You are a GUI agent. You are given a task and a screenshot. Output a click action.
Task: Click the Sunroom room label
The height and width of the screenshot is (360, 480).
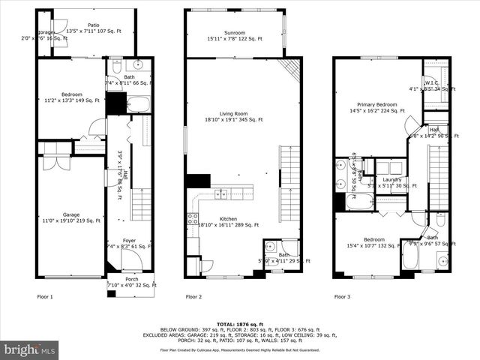coord(235,32)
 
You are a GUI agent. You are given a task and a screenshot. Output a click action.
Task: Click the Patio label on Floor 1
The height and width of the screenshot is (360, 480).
coord(93,25)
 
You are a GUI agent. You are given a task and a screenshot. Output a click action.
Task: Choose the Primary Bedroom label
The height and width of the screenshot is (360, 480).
coord(376,105)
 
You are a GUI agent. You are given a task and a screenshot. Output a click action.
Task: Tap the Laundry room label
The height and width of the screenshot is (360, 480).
coord(391,179)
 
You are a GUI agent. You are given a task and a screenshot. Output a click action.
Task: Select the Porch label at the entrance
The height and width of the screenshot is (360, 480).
coord(131,278)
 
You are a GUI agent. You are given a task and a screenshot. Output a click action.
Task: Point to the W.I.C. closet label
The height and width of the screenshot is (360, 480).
coord(431,82)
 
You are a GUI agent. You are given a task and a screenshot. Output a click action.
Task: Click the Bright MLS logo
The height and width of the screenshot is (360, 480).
coord(30,349)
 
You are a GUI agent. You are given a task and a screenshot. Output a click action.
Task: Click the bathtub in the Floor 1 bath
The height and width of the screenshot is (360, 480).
coord(139,103)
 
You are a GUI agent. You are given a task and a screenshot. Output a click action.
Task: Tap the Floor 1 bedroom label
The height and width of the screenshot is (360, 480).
coord(72,94)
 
